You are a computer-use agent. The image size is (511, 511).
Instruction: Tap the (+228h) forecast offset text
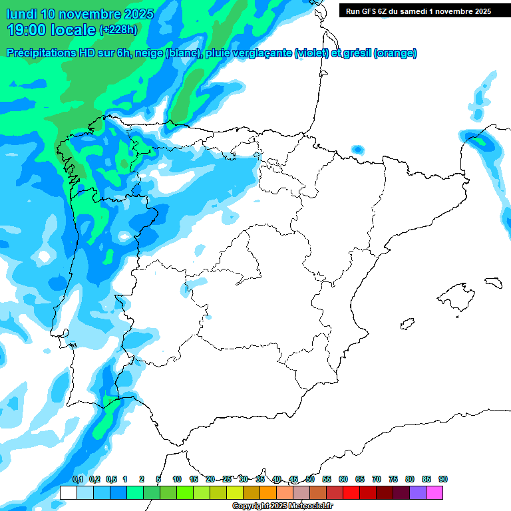[x=118, y=29]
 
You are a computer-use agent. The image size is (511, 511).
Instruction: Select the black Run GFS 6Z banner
[x=415, y=11]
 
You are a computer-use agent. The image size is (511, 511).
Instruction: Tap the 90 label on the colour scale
[x=443, y=479]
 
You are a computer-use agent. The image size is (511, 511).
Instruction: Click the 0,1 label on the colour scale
[x=78, y=479]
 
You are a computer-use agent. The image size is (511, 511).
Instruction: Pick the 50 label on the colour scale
[x=310, y=479]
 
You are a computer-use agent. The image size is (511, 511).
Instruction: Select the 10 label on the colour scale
[x=177, y=479]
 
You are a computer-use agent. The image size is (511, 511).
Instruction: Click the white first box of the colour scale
[x=68, y=492]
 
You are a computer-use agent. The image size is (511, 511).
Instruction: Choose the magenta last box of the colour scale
[x=434, y=492]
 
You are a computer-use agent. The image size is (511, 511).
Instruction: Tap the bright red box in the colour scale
[x=351, y=492]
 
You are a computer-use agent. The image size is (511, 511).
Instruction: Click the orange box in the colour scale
[x=268, y=492]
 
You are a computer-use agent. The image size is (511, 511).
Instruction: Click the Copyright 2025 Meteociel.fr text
[x=283, y=506]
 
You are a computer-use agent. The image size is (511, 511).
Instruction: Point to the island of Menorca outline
[x=493, y=282]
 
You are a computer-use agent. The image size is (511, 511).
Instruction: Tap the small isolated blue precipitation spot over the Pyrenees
[x=358, y=149]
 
